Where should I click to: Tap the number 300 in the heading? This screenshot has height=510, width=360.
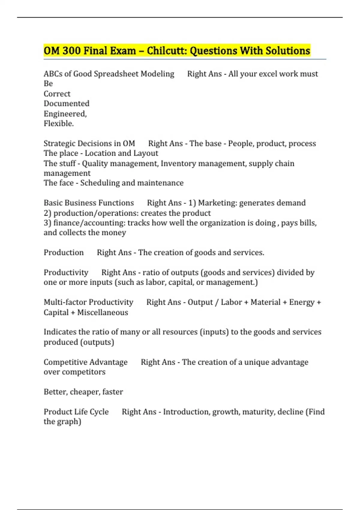pos(71,51)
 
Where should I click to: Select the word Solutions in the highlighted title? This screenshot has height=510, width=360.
pos(288,51)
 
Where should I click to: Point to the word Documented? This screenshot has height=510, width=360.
pos(67,103)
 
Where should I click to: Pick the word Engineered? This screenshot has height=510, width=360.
pos(65,114)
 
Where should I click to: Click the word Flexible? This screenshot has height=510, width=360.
pos(59,124)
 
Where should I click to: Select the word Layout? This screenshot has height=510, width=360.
pos(146,153)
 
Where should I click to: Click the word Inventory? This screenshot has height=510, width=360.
pos(178,163)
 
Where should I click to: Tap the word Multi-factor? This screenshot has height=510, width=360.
pos(65,302)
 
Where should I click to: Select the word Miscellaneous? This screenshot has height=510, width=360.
pos(103,313)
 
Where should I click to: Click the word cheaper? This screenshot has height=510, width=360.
pos(85,392)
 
